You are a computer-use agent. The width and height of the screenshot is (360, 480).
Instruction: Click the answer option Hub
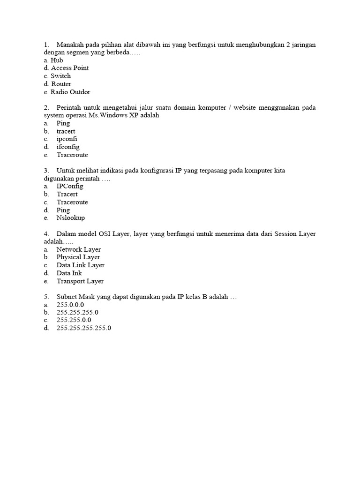tap(57, 60)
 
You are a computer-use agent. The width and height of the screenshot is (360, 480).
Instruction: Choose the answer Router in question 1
tap(61, 84)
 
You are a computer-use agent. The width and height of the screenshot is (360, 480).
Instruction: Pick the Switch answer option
tap(60, 76)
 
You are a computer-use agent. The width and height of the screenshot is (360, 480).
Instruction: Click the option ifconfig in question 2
tap(68, 147)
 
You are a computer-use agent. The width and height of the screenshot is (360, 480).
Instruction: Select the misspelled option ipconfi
tap(67, 139)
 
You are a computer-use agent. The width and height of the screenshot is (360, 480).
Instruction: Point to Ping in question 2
tap(63, 123)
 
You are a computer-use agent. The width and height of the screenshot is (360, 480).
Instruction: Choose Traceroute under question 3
tap(72, 202)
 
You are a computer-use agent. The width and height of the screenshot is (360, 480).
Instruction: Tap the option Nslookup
tap(71, 218)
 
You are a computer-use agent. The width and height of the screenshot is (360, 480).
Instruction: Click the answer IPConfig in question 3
tap(70, 186)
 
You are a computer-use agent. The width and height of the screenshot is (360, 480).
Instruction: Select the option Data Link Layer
tap(80, 265)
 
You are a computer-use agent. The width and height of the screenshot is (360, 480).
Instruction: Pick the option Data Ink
tap(69, 273)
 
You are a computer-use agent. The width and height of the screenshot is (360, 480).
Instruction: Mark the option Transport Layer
tap(80, 281)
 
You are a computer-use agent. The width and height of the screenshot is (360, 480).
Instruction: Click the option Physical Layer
tap(78, 257)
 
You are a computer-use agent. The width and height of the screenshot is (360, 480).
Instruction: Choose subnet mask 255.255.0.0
tap(74, 320)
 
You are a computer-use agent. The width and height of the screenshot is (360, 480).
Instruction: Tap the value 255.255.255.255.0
tap(84, 328)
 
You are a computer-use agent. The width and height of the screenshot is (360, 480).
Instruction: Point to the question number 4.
tap(46, 233)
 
